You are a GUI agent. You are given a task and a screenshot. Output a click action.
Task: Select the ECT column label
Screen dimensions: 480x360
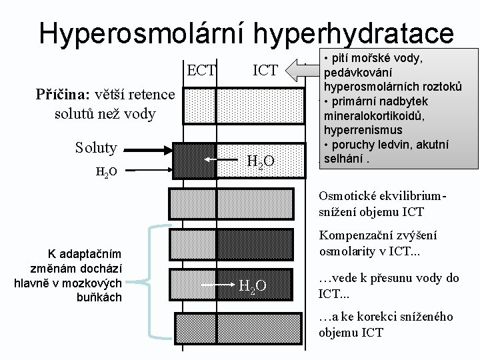201,69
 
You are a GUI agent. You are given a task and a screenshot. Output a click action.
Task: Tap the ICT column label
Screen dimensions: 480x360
265,69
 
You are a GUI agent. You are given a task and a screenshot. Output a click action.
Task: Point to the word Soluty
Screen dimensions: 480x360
96,147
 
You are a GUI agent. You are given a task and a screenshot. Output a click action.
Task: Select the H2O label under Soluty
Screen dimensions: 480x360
107,172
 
